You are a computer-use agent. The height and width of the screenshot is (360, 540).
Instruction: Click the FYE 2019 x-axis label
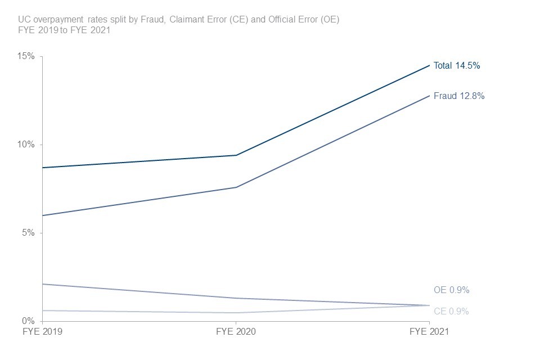(42, 332)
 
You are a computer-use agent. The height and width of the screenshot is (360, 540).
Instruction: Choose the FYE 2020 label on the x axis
(236, 332)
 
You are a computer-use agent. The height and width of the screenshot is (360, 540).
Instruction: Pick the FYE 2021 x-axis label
(429, 332)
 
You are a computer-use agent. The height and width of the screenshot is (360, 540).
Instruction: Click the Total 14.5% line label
(457, 65)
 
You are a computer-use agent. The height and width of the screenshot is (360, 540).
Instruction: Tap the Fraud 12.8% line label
(459, 96)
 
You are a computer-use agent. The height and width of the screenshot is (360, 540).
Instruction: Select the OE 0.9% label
(451, 290)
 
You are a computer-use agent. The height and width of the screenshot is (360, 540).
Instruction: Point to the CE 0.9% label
(451, 311)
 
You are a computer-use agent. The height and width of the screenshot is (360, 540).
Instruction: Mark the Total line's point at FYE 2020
(236, 155)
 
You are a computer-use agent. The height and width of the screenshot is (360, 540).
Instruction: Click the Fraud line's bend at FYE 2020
(236, 187)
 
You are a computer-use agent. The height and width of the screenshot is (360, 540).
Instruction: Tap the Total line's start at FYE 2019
(42, 168)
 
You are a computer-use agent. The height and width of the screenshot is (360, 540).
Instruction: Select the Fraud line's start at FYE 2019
(42, 215)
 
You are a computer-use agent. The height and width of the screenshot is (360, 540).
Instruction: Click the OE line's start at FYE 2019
(42, 284)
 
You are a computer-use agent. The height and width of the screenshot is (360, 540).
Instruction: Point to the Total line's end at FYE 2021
(429, 65)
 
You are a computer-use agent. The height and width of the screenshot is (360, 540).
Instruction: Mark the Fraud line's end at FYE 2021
(429, 96)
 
